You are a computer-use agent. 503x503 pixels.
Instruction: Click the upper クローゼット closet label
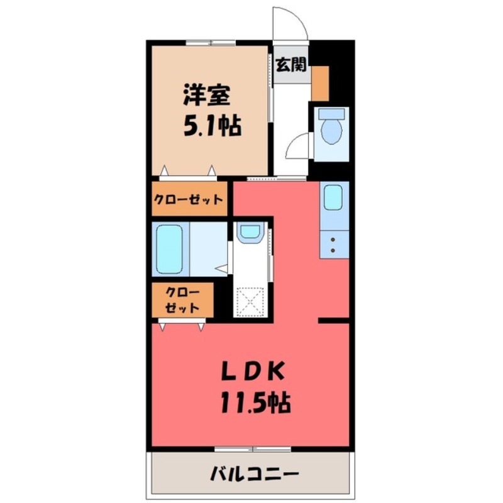click(189, 200)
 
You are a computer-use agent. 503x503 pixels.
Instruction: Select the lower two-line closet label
click(182, 301)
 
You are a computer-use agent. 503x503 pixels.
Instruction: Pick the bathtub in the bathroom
click(169, 249)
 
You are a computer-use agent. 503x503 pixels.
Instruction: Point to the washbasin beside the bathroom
click(250, 232)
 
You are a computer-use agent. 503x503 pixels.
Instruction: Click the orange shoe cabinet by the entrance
click(320, 82)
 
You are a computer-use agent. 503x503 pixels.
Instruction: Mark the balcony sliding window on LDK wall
click(252, 449)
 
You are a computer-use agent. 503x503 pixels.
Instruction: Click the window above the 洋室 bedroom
click(211, 43)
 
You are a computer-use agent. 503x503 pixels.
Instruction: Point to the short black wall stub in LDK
click(333, 321)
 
